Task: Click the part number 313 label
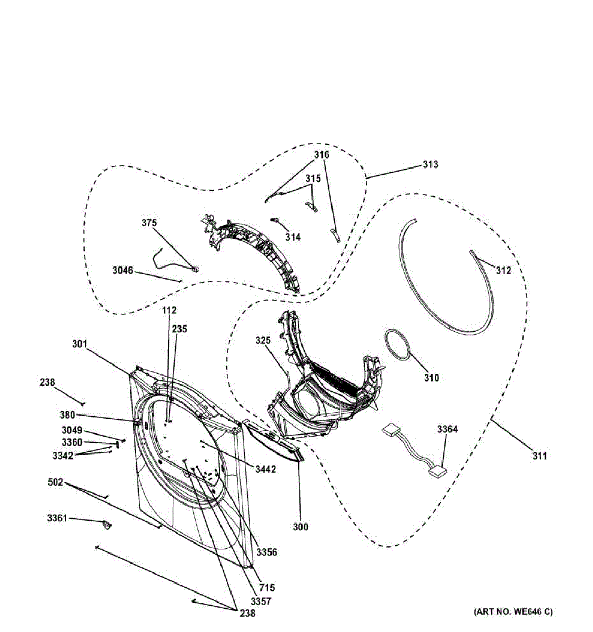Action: [430, 165]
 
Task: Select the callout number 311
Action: [539, 456]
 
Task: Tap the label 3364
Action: [447, 429]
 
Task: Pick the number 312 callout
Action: [503, 271]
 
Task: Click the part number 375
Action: [149, 223]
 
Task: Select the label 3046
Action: [123, 271]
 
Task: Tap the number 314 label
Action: [293, 238]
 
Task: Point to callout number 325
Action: [263, 341]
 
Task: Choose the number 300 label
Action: [300, 527]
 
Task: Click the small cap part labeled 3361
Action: [107, 525]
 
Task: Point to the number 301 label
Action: [79, 344]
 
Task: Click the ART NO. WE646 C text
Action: [513, 611]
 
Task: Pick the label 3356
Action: [267, 552]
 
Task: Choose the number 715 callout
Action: [267, 588]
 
